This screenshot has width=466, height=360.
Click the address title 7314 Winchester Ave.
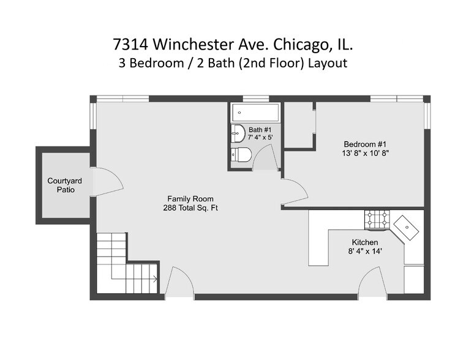(x=233, y=44)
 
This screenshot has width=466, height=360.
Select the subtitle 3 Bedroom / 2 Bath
(x=233, y=63)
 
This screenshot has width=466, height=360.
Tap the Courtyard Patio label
(x=61, y=186)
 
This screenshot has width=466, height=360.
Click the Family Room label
(x=190, y=199)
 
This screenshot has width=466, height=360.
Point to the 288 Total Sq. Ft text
(x=190, y=208)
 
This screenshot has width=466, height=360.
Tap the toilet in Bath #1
(x=240, y=155)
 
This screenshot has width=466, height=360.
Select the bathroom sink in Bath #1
(x=237, y=133)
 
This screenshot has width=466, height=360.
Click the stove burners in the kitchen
(x=377, y=219)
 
